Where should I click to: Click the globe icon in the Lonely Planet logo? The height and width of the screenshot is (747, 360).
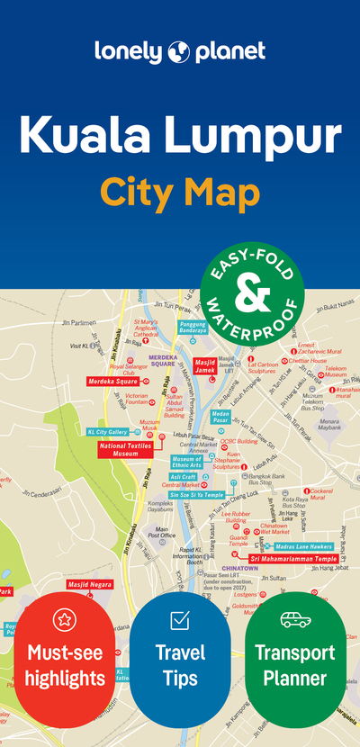coord(177,51)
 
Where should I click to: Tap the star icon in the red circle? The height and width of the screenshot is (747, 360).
coord(64,618)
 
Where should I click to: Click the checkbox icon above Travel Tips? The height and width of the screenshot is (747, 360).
coord(179,619)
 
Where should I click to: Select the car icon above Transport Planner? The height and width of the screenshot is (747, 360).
coord(294,619)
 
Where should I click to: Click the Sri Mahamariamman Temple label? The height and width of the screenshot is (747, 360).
coord(292,559)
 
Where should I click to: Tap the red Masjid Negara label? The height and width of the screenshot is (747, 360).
coord(90,584)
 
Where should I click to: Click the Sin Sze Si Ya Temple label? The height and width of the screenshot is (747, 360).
coord(196,494)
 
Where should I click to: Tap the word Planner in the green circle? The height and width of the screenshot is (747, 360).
coord(294,678)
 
